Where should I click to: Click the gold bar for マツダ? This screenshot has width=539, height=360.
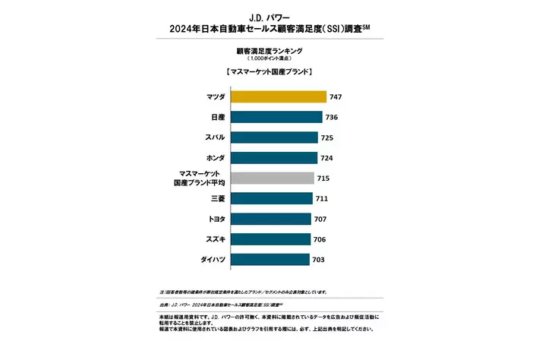(x=278, y=96)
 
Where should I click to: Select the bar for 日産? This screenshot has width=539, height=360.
(x=275, y=117)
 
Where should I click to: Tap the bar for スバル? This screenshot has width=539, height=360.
(x=273, y=137)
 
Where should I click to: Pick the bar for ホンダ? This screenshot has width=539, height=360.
(x=273, y=158)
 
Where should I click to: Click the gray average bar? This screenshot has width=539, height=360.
(x=271, y=178)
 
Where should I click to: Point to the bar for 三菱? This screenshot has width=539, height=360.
(x=270, y=198)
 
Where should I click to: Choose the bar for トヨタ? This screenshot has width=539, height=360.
(x=269, y=219)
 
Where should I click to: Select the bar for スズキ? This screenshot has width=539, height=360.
(x=269, y=239)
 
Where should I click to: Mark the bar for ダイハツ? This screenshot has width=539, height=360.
(x=269, y=259)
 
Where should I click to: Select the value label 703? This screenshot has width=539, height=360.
(x=320, y=260)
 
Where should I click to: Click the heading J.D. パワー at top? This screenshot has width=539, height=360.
(x=269, y=15)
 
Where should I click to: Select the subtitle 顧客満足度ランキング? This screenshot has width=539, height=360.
(x=269, y=51)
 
